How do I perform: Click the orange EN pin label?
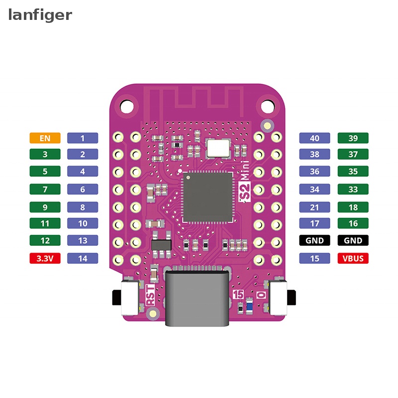pyautogui.click(x=45, y=138)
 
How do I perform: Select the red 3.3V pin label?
pyautogui.click(x=45, y=258)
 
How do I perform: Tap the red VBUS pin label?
pyautogui.click(x=353, y=258)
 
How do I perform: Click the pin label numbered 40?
pyautogui.click(x=314, y=138)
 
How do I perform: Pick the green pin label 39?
pyautogui.click(x=353, y=138)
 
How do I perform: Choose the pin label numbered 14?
pyautogui.click(x=83, y=258)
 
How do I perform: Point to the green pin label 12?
pyautogui.click(x=45, y=240)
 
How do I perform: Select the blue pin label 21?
pyautogui.click(x=314, y=207)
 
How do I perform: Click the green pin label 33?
pyautogui.click(x=353, y=189)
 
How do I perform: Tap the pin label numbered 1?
pyautogui.click(x=83, y=138)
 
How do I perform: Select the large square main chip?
pyautogui.click(x=207, y=197)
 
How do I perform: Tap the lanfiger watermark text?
pyautogui.click(x=40, y=15)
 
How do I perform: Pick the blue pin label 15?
pyautogui.click(x=314, y=258)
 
